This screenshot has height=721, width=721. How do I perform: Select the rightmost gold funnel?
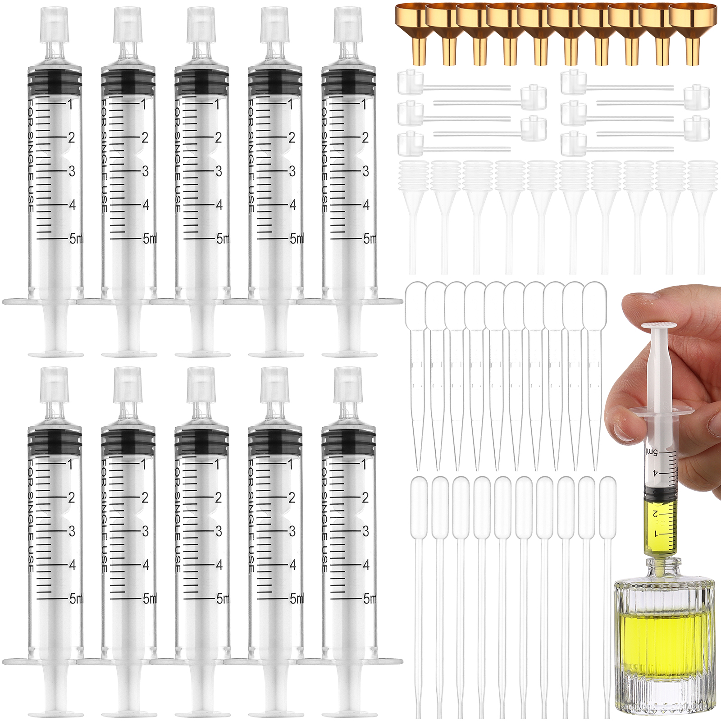tap(693, 32)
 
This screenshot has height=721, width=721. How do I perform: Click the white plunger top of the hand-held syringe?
tap(660, 325)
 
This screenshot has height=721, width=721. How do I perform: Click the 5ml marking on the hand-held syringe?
tap(652, 452)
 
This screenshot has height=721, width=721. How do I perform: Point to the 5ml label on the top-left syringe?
tap(76, 238)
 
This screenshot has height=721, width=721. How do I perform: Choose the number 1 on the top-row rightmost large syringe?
tap(364, 104)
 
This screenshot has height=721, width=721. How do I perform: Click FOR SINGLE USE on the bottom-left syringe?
tap(31, 516)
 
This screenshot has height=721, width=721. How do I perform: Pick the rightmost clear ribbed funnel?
tap(701, 216)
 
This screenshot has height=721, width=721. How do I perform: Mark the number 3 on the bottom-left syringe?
tap(72, 531)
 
